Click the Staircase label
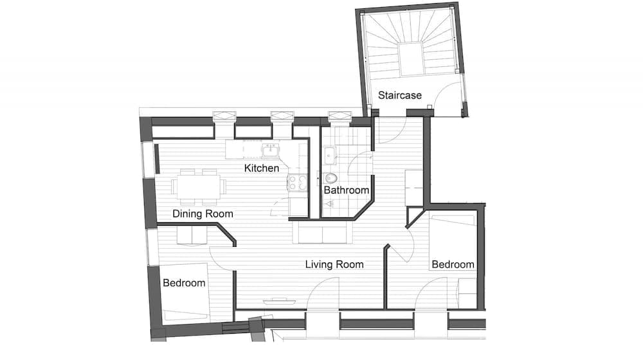[400, 95]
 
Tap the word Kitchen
[262, 168]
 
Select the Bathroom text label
[347, 190]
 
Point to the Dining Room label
[203, 213]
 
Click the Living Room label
[334, 264]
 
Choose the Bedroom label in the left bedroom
[184, 283]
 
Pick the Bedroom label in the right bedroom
[453, 264]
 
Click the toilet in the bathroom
[331, 179]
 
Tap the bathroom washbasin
[329, 154]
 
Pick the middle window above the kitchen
[282, 116]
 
